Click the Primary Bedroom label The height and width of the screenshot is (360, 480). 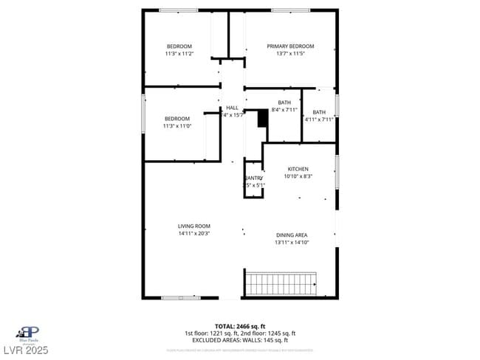[290, 46]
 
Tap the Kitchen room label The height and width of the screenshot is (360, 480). [298, 169]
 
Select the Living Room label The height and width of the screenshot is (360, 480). [194, 226]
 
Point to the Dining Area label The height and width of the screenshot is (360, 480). [291, 235]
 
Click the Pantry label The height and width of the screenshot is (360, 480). [253, 178]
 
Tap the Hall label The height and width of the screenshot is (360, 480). [232, 108]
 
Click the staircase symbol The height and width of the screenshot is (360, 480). [281, 283]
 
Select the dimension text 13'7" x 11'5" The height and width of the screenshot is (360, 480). [290, 54]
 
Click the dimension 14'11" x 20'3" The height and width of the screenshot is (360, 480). [194, 234]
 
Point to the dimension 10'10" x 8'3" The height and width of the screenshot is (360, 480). [298, 176]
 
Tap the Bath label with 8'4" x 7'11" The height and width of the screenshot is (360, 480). [284, 103]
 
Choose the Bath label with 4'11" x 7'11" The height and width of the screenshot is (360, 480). [319, 112]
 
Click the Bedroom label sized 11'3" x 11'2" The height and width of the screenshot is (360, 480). [179, 46]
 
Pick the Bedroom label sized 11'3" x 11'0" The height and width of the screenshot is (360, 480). [177, 118]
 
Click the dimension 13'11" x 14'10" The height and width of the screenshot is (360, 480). [291, 242]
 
